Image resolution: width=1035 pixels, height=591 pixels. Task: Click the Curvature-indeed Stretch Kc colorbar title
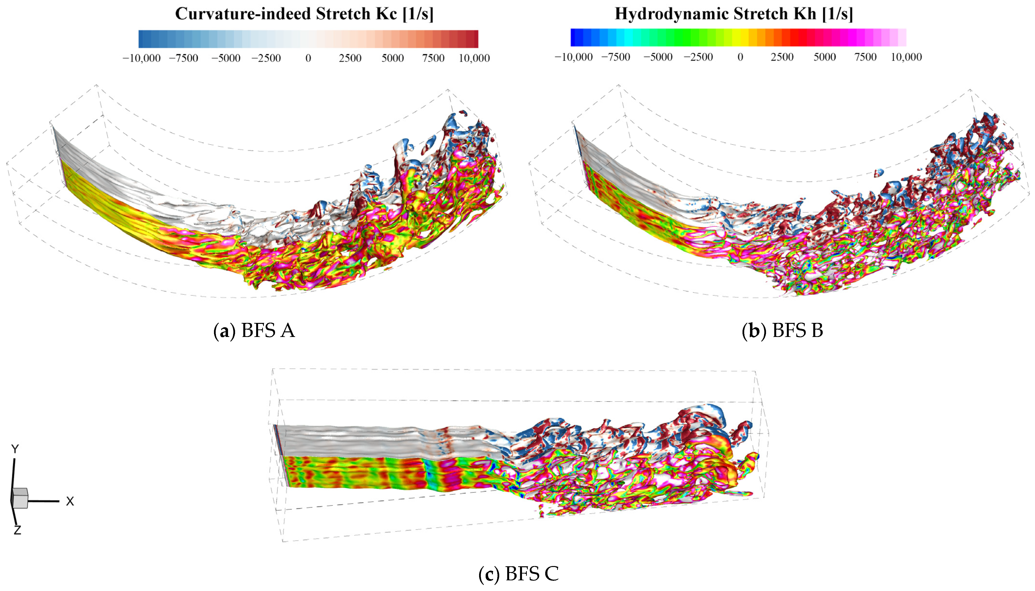304,14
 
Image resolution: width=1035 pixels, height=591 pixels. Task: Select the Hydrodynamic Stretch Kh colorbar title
734,14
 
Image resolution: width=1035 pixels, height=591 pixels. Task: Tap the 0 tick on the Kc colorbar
308,58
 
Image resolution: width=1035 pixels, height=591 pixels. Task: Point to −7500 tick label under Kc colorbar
183,58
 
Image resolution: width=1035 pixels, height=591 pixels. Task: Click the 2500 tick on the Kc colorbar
350,58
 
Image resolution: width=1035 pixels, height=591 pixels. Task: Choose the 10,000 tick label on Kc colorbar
474,58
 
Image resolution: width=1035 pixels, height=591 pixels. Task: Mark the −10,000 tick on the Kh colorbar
574,57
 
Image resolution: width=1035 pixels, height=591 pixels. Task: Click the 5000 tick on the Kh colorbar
824,57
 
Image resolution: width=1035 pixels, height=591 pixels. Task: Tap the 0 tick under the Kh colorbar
740,57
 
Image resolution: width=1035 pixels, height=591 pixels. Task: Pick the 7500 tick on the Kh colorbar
865,57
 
